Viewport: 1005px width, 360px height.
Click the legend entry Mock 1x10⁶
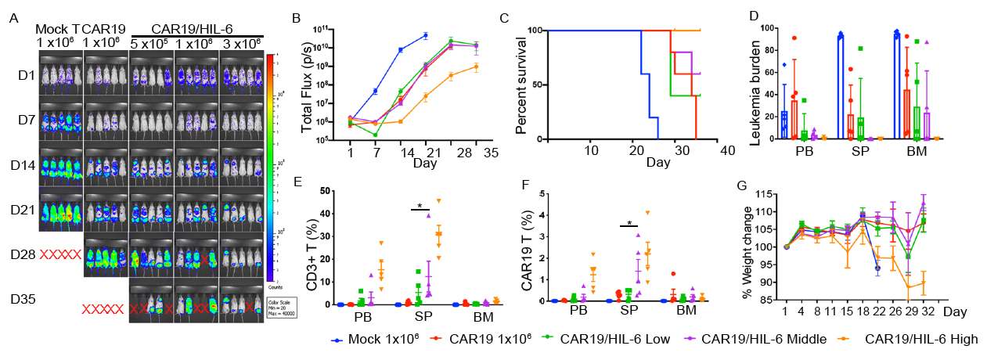click(366, 339)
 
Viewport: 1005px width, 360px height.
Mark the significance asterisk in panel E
click(420, 205)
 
